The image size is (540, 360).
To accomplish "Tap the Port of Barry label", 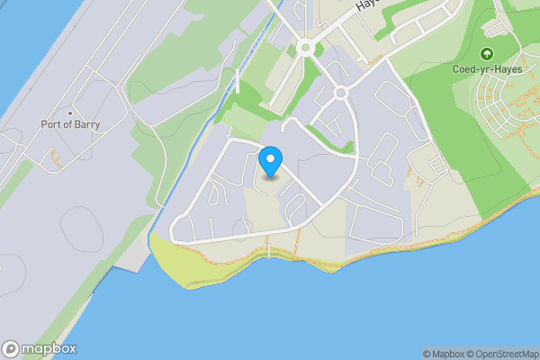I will (71, 124).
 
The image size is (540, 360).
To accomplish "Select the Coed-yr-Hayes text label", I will (487, 68).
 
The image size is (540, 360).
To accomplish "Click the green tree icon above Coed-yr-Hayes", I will (487, 54).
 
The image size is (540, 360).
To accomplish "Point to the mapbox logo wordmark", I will (49, 349).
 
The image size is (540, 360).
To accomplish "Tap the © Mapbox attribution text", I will (443, 354).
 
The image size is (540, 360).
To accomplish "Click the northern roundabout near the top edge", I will (305, 48).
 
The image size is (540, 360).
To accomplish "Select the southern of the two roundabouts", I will (340, 93).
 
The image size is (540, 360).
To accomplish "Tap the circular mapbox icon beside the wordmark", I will (11, 349).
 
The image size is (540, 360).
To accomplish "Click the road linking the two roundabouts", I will (323, 71).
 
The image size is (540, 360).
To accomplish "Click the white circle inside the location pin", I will (270, 159).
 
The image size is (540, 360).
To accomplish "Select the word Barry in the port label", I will (86, 124).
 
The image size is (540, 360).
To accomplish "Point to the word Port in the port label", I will (51, 124).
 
